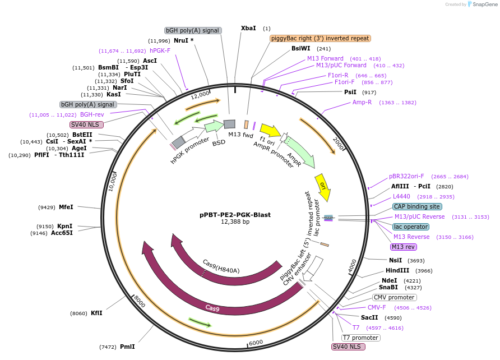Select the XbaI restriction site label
click(248, 28)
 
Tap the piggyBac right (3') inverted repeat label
click(320, 38)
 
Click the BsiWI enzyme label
click(300, 49)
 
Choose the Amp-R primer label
click(362, 103)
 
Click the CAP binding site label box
click(415, 206)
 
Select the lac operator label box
click(410, 227)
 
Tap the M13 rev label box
click(404, 247)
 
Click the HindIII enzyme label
click(397, 271)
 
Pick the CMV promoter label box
click(394, 297)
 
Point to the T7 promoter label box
click(360, 338)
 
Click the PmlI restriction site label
click(127, 347)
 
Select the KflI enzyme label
click(96, 313)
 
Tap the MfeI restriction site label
click(66, 207)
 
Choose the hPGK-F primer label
click(160, 50)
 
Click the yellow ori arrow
click(322, 187)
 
